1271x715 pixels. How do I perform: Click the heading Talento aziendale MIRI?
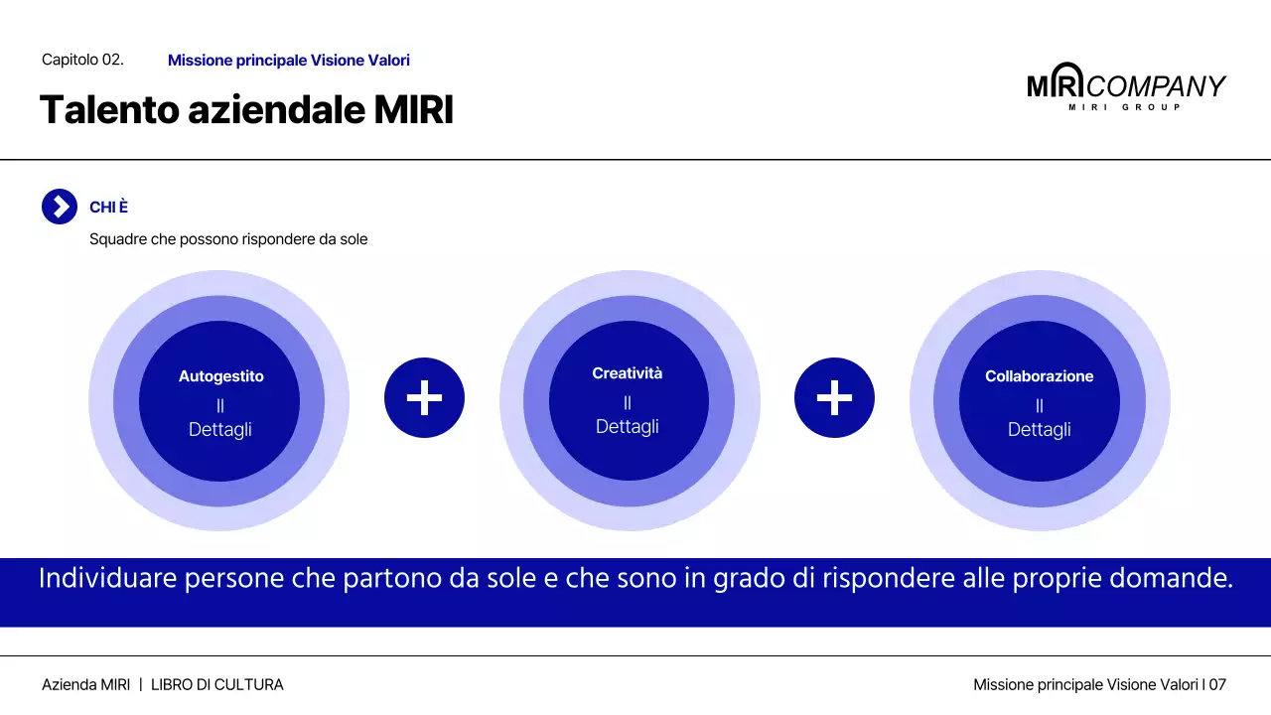tap(246, 110)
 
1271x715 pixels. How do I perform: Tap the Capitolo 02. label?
tap(82, 60)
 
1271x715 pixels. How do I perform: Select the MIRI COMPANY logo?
tap(1126, 87)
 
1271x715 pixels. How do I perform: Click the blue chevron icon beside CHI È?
tap(60, 207)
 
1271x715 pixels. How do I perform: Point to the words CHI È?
tap(108, 208)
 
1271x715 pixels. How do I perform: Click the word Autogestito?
tap(220, 376)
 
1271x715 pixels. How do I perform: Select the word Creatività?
tap(627, 373)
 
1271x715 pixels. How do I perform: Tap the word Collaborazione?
tap(1039, 376)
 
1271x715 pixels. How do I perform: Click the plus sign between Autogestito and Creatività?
tap(424, 398)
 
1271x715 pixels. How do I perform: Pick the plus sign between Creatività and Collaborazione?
tap(834, 398)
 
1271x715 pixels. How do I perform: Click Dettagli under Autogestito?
tap(220, 430)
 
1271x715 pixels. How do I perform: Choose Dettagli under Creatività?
tap(627, 427)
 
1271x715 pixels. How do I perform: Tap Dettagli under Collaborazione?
tap(1039, 430)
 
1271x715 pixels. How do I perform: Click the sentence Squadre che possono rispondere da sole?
tap(228, 239)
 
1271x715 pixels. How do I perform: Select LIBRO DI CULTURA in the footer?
tap(216, 685)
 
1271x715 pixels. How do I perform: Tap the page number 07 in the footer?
tap(1217, 685)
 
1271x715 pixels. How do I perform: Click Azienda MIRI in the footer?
tap(85, 685)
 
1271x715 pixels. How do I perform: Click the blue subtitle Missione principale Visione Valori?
tap(288, 61)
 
